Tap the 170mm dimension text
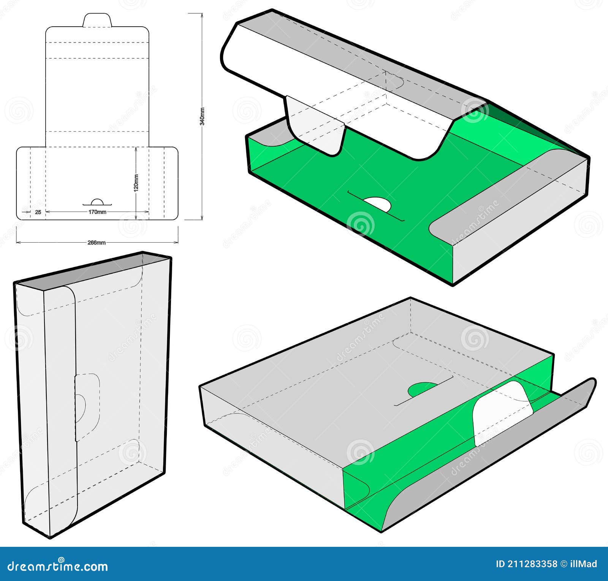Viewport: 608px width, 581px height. pyautogui.click(x=97, y=212)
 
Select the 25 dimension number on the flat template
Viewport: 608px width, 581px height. pyautogui.click(x=38, y=212)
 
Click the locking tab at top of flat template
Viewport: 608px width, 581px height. pyautogui.click(x=97, y=21)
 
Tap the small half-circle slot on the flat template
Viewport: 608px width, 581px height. pyautogui.click(x=97, y=202)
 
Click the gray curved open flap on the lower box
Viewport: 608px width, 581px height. pyautogui.click(x=494, y=456)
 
